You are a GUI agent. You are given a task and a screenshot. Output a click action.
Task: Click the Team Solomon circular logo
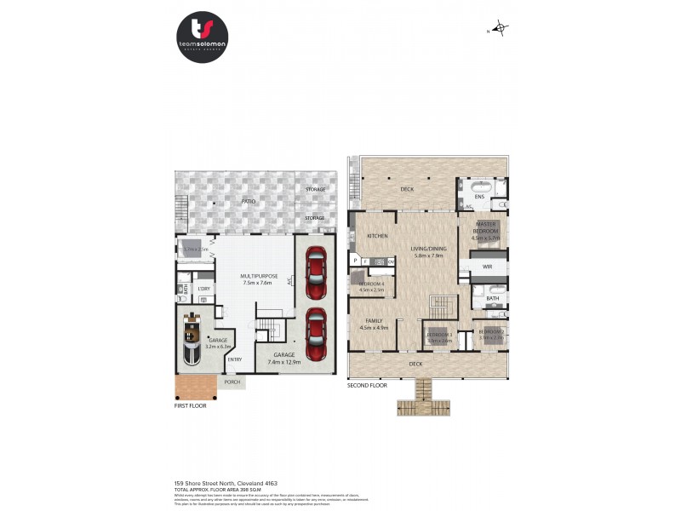click(x=203, y=37)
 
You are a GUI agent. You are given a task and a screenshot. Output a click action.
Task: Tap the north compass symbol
click(x=501, y=30)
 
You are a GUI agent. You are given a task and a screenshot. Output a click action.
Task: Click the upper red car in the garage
click(x=315, y=267)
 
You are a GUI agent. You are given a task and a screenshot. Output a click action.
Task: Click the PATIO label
click(x=248, y=202)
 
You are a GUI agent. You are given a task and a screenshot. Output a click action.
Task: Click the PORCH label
click(x=232, y=382)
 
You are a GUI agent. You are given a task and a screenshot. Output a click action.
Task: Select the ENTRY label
click(x=234, y=359)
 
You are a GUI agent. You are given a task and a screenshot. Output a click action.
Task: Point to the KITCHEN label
click(x=377, y=236)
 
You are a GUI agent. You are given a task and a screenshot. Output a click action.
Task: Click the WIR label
click(x=488, y=267)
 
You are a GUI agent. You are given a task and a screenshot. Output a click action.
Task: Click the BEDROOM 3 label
click(x=438, y=336)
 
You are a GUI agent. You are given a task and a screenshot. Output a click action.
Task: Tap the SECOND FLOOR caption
click(x=367, y=386)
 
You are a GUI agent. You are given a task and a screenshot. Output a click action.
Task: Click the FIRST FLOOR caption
click(x=191, y=405)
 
